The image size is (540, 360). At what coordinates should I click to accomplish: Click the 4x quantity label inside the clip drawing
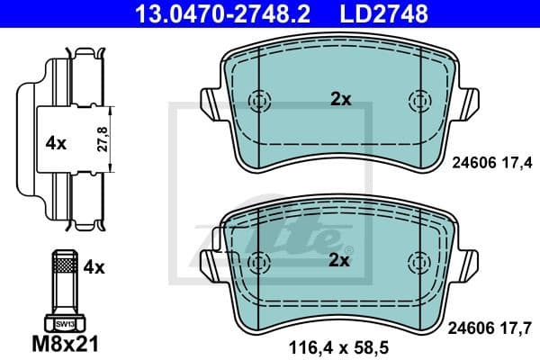click(56, 141)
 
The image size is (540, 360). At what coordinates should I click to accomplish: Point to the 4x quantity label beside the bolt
click(94, 267)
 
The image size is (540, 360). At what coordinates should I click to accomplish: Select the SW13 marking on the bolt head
click(63, 321)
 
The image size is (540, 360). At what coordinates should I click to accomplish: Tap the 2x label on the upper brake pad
click(339, 100)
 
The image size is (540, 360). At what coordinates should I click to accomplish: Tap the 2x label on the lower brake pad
click(339, 261)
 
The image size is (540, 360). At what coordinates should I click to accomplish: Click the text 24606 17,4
click(490, 162)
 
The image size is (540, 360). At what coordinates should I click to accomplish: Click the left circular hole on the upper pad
click(260, 100)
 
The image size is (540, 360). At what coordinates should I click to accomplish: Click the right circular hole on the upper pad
click(418, 100)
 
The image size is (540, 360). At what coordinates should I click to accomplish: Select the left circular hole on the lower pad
click(260, 261)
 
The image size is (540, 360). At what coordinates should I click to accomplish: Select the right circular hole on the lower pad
click(418, 261)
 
